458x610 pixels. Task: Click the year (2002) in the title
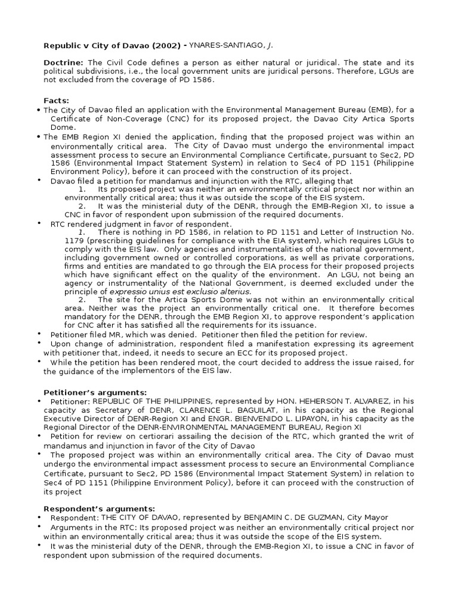click(164, 45)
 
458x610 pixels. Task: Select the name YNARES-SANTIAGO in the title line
click(224, 45)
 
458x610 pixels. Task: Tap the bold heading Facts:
click(57, 100)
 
